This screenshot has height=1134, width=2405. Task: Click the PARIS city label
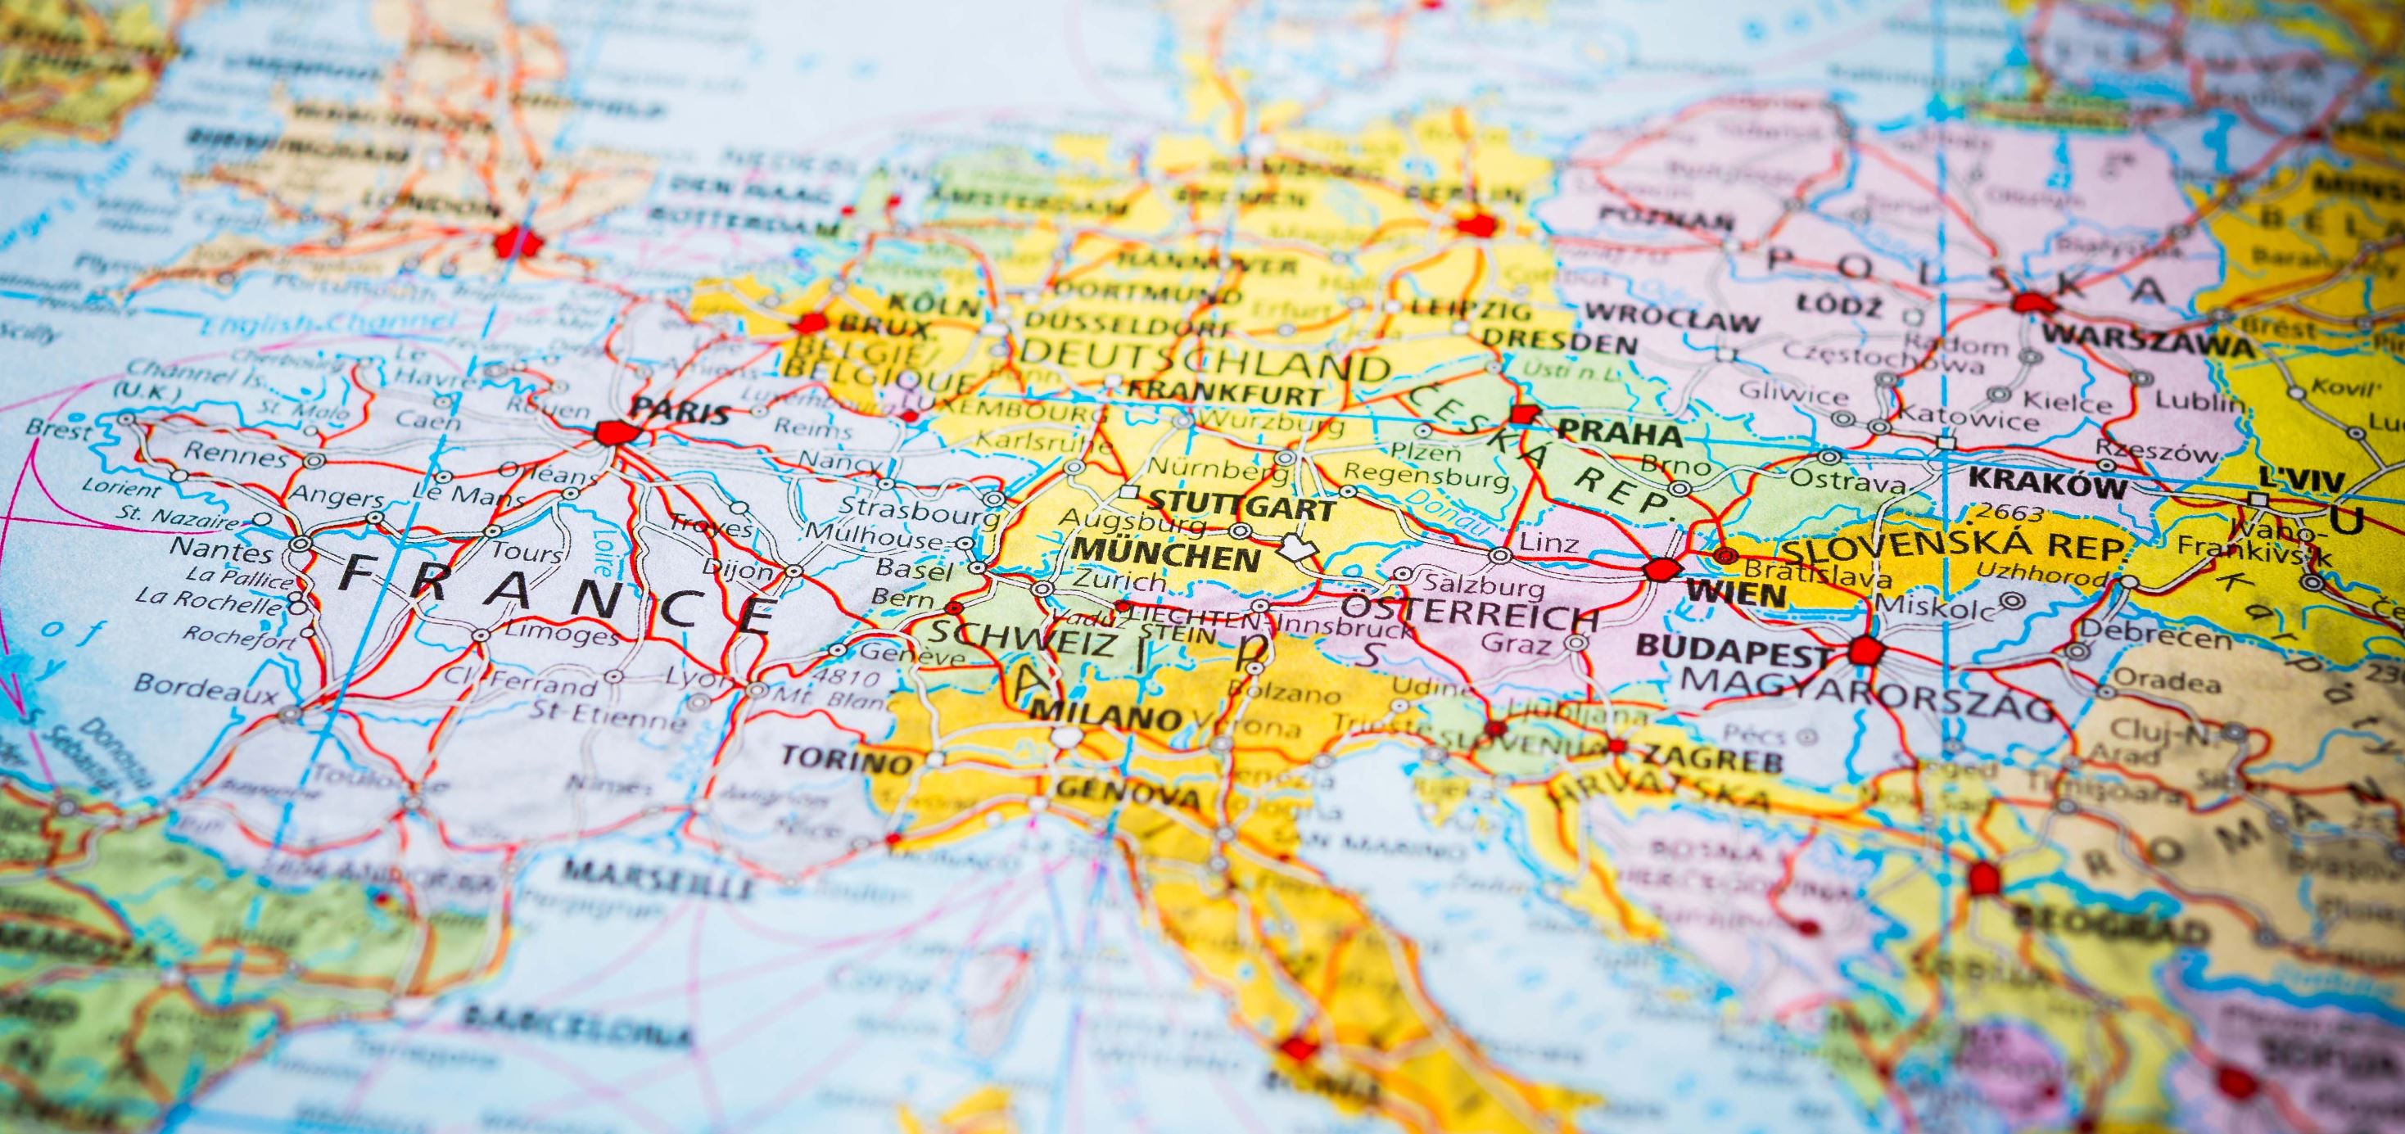click(x=680, y=412)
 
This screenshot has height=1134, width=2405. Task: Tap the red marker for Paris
click(x=615, y=433)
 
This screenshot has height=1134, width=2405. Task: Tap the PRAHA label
click(x=1621, y=434)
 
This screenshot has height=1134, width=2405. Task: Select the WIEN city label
click(x=1737, y=594)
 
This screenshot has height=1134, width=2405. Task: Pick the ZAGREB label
click(x=1713, y=758)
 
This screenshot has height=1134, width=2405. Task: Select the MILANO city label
click(x=1105, y=715)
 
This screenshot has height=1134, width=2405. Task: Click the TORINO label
click(x=846, y=758)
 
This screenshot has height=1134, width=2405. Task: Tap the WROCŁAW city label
click(x=1671, y=319)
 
